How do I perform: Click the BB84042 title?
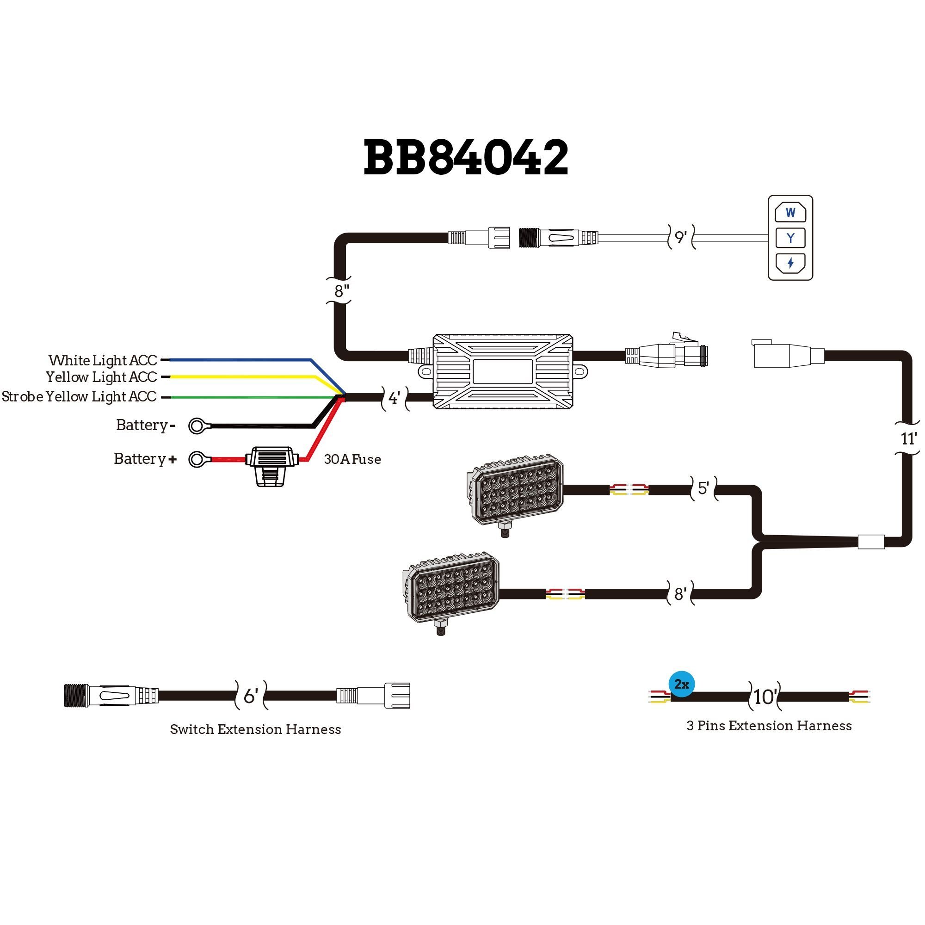(465, 158)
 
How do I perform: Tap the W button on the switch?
(790, 213)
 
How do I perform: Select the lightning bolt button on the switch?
(790, 262)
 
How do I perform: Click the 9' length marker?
(680, 236)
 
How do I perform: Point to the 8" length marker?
(341, 290)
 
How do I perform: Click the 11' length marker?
(908, 438)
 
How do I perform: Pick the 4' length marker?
(394, 397)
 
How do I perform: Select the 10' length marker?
(764, 697)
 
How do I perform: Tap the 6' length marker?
(250, 696)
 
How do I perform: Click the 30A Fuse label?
(352, 459)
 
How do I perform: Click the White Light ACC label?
(103, 360)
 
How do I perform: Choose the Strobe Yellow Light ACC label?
(79, 396)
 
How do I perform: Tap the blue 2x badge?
(681, 684)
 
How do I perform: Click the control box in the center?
(503, 371)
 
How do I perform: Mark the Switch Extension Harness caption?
(255, 729)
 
